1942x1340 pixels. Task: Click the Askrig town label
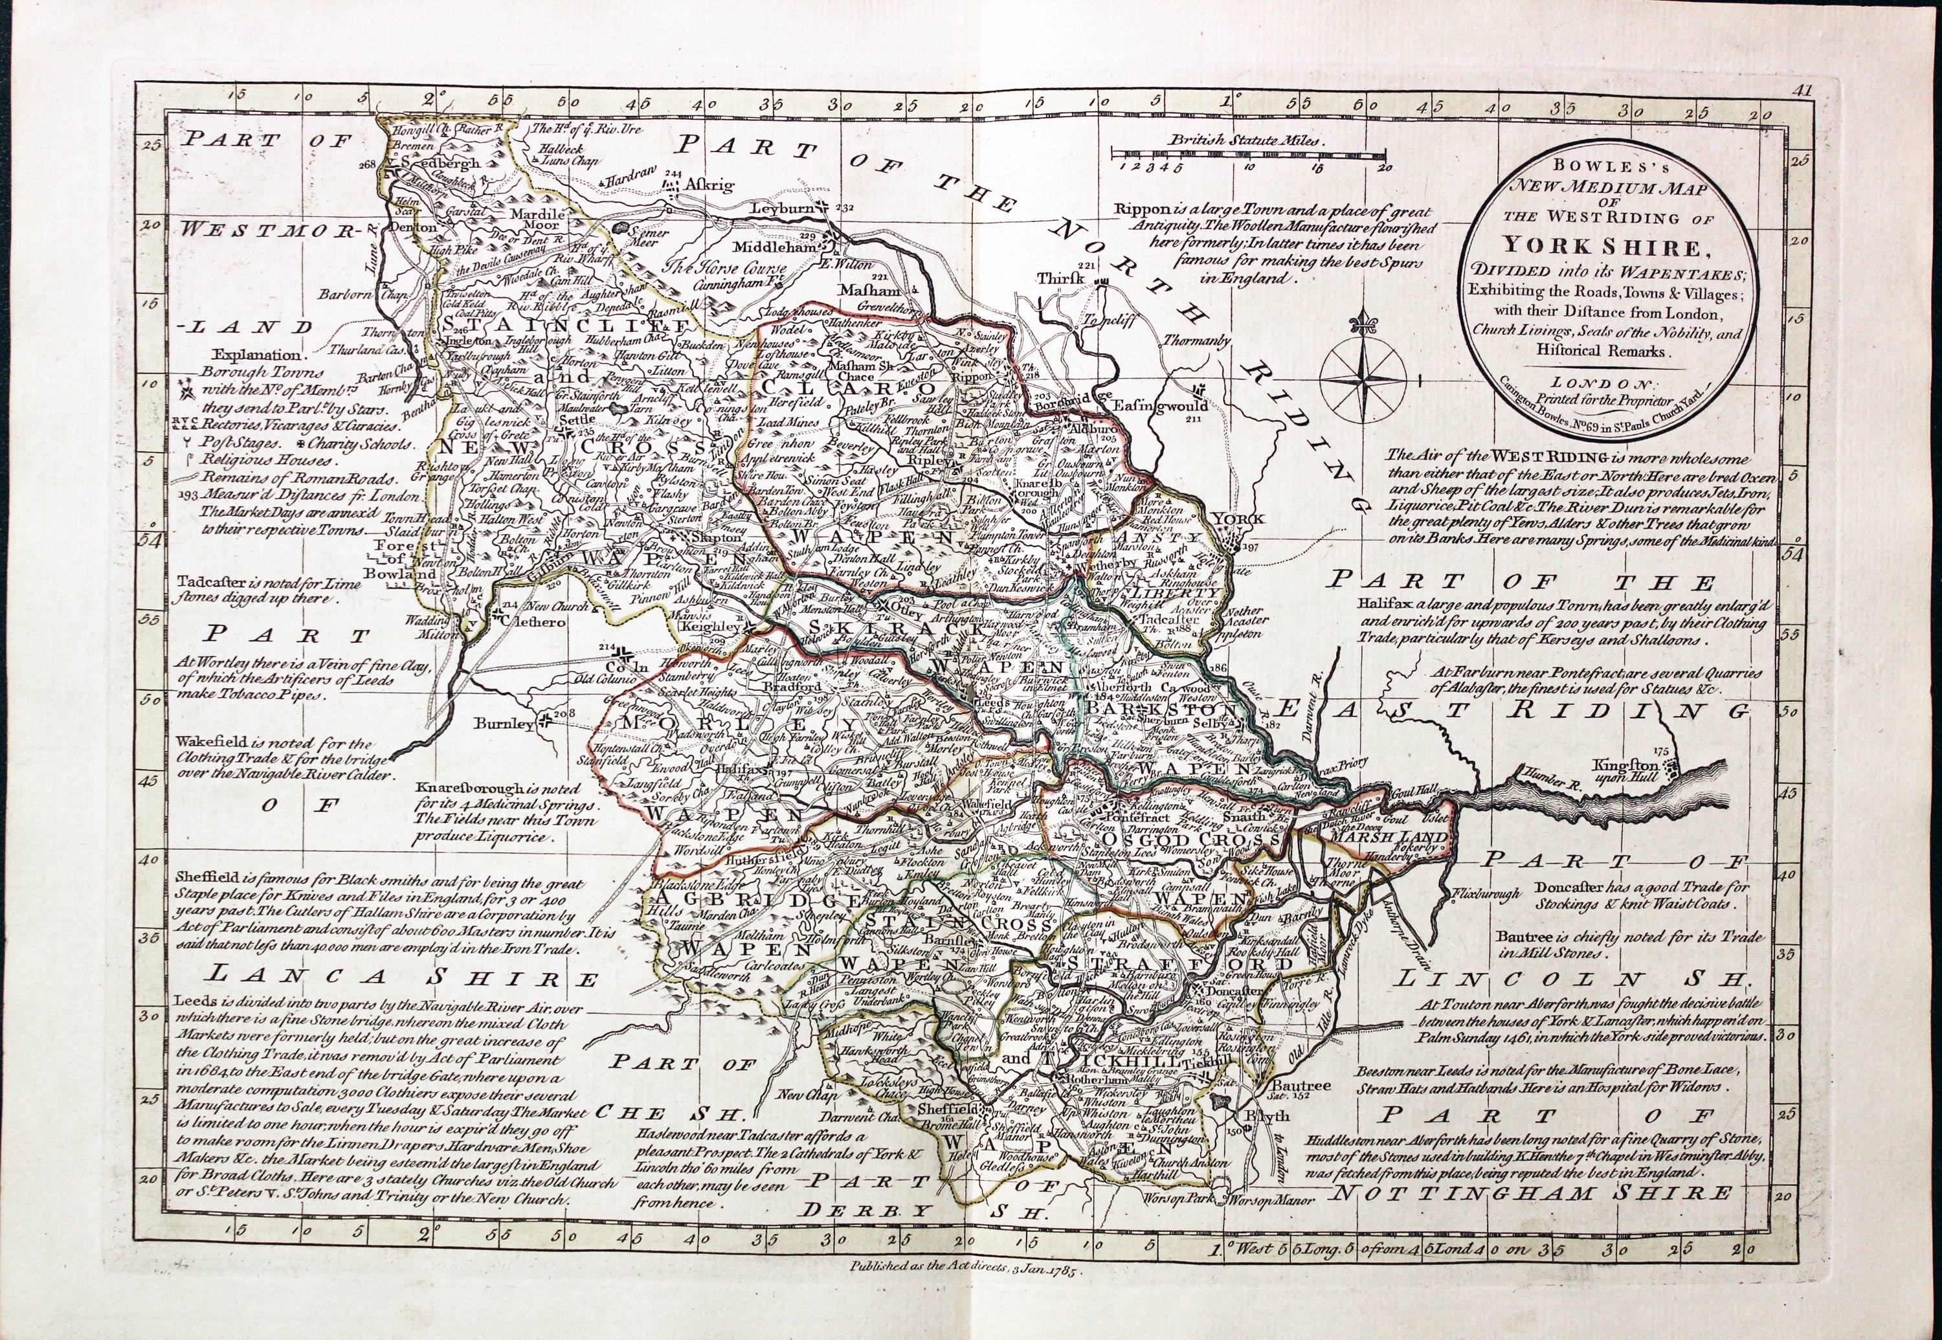click(710, 184)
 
